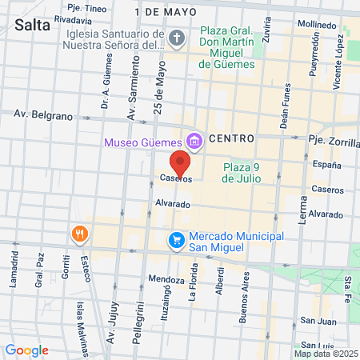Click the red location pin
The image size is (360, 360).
pyautogui.click(x=181, y=162)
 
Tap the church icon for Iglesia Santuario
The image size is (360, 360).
pyautogui.click(x=178, y=38)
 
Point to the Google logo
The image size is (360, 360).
pyautogui.click(x=26, y=350)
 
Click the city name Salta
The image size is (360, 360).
pyautogui.click(x=32, y=25)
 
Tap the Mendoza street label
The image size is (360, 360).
pyautogui.click(x=166, y=280)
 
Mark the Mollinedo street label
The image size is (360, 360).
pyautogui.click(x=315, y=25)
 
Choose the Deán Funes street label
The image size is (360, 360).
pyautogui.click(x=285, y=109)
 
